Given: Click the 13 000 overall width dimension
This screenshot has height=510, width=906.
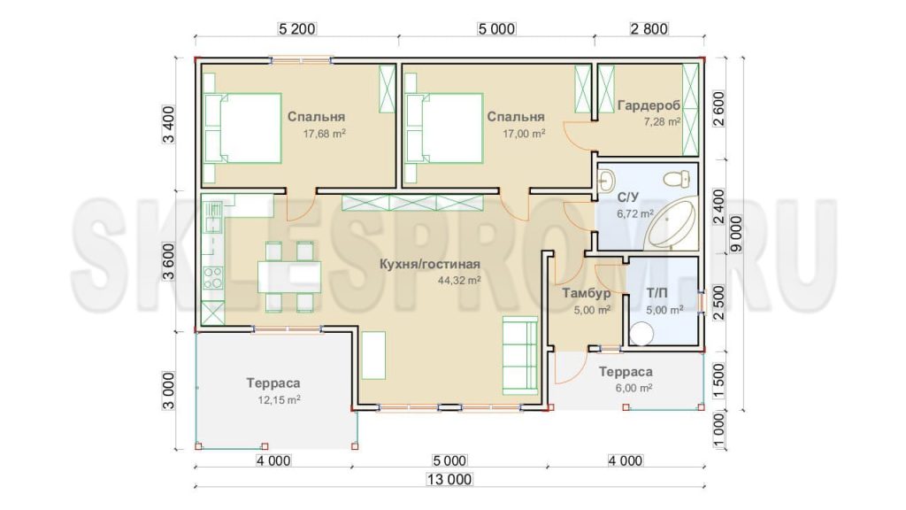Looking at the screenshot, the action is pyautogui.click(x=449, y=479).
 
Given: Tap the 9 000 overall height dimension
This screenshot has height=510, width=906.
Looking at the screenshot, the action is pyautogui.click(x=736, y=234).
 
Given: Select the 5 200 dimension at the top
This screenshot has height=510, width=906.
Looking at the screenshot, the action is pyautogui.click(x=297, y=28).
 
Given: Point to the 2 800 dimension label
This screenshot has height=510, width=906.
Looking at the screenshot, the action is pyautogui.click(x=649, y=28).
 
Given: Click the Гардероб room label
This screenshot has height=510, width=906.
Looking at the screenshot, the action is pyautogui.click(x=649, y=105).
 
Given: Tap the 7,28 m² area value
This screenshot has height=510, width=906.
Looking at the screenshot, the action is pyautogui.click(x=662, y=122).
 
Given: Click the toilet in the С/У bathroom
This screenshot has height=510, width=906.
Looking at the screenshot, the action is pyautogui.click(x=677, y=179).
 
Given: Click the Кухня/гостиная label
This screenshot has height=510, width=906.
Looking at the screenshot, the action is pyautogui.click(x=430, y=264).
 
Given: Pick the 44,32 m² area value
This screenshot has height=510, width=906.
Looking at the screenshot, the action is pyautogui.click(x=459, y=281).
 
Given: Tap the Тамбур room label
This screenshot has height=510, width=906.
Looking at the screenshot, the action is pyautogui.click(x=587, y=294).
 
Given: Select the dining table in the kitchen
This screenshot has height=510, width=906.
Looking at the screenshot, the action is pyautogui.click(x=289, y=277).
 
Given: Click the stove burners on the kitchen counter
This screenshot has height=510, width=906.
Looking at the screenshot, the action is pyautogui.click(x=212, y=277).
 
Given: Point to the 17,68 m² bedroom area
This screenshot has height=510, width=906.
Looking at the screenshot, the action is pyautogui.click(x=325, y=134).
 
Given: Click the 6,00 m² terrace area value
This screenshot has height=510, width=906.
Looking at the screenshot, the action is pyautogui.click(x=633, y=388).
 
